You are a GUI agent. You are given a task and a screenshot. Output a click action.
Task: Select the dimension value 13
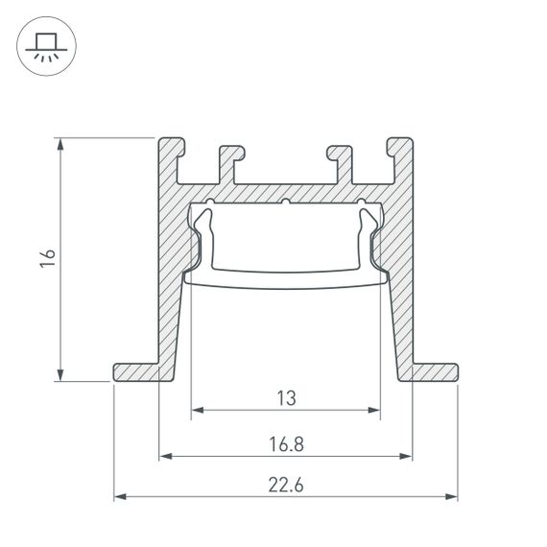285,396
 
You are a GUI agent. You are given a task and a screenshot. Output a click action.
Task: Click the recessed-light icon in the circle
44,46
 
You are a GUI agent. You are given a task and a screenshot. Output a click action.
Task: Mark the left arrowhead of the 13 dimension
198,412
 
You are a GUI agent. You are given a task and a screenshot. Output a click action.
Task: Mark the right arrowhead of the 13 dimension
373,412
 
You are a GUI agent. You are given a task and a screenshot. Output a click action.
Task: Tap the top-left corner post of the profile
171,154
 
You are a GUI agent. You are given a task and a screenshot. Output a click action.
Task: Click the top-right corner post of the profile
401,154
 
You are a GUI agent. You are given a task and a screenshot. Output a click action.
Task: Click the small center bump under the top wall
286,202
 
